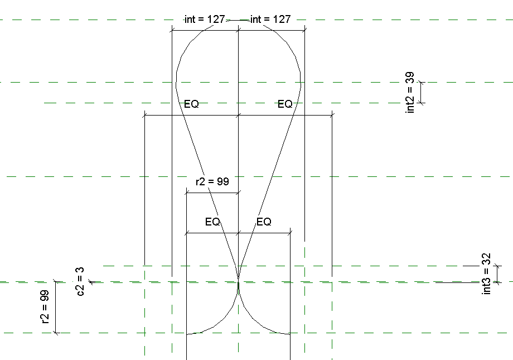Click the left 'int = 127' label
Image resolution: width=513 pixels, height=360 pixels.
coord(204,19)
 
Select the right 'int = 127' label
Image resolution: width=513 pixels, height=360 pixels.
coord(270,19)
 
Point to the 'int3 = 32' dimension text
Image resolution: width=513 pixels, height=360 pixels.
coord(486,273)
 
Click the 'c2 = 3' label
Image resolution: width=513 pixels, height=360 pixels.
coord(80,281)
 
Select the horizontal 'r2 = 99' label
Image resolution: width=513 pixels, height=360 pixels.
coord(212,181)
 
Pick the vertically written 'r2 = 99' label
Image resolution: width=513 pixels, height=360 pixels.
coord(45,307)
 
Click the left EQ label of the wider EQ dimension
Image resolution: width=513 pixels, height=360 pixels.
coord(191,104)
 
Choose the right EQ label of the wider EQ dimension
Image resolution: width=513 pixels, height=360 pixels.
coord(285,104)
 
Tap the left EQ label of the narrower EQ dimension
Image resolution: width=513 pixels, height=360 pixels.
coord(212,222)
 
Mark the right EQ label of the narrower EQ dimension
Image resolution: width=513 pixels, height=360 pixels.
coord(264,222)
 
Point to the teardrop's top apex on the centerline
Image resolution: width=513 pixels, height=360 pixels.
coord(238,20)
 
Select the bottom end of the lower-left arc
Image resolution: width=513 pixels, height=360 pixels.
coord(186,335)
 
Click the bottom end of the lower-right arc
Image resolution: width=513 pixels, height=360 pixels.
coord(290,335)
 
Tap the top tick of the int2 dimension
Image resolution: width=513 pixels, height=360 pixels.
coord(421,82)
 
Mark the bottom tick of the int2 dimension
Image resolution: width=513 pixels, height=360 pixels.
coord(421,103)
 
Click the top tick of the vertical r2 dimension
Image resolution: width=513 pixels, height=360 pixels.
coord(55,282)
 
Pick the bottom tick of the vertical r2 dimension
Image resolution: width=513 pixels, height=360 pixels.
coord(55,333)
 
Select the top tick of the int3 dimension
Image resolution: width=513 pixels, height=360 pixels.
coord(497,266)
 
